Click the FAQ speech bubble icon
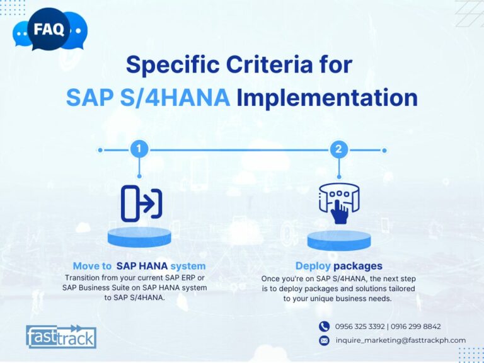pos(49,30)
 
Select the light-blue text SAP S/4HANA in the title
pos(148,97)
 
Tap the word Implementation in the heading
pos(327,98)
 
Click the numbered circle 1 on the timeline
pos(139,149)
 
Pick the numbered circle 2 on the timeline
pos(339,149)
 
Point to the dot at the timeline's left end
pos(100,151)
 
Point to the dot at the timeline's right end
pos(384,151)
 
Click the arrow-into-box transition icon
pos(141,204)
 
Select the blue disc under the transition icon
pos(139,237)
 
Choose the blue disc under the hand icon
pos(339,241)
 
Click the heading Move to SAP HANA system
pos(139,266)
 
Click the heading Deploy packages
pos(339,266)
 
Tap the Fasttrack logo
pos(61,337)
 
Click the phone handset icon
pos(324,326)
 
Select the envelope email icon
pos(324,340)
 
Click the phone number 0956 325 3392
pos(360,326)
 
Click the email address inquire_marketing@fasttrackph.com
pos(401,340)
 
